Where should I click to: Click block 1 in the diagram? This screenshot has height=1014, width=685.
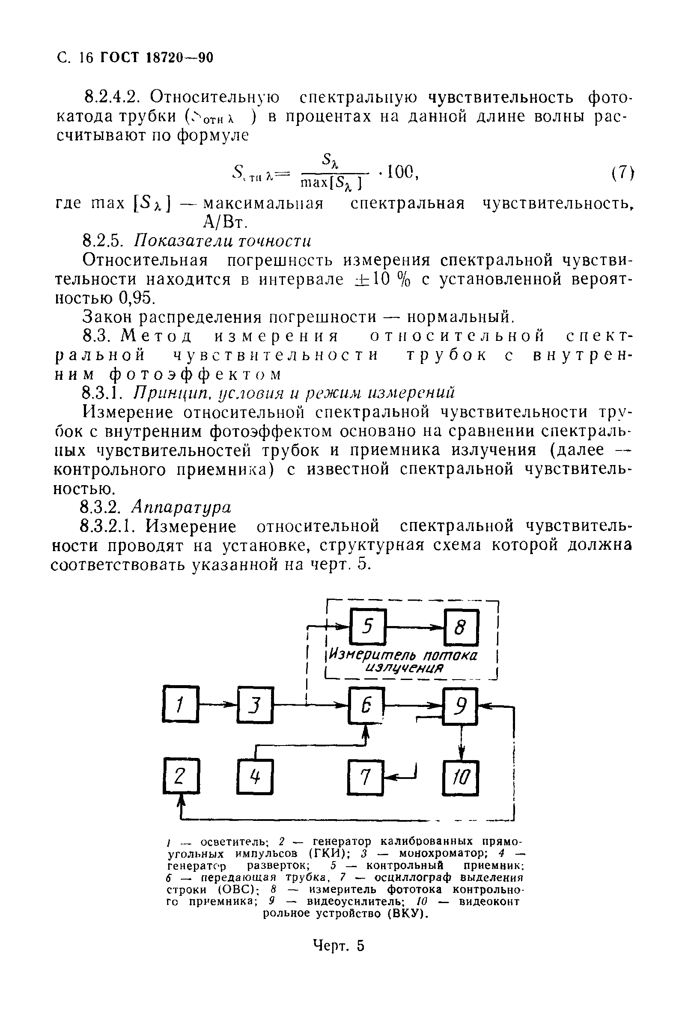coord(180,704)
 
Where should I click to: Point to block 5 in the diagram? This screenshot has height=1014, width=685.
coord(368,627)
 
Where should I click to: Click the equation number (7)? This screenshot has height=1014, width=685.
coord(621,173)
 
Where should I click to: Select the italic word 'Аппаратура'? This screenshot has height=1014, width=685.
coord(182,507)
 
